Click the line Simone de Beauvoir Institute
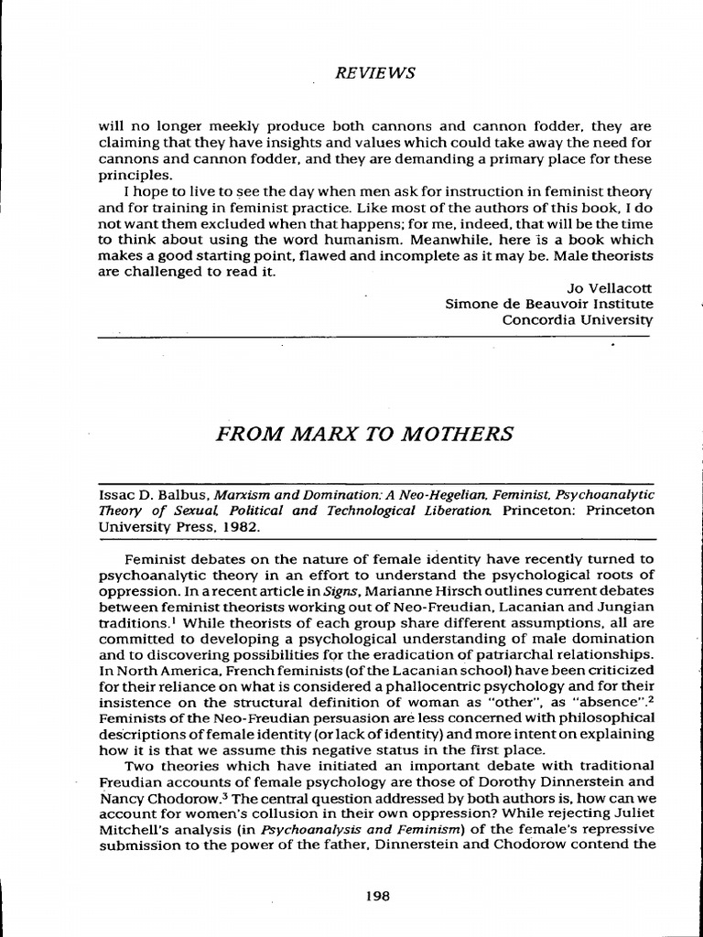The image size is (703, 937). [x=549, y=303]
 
